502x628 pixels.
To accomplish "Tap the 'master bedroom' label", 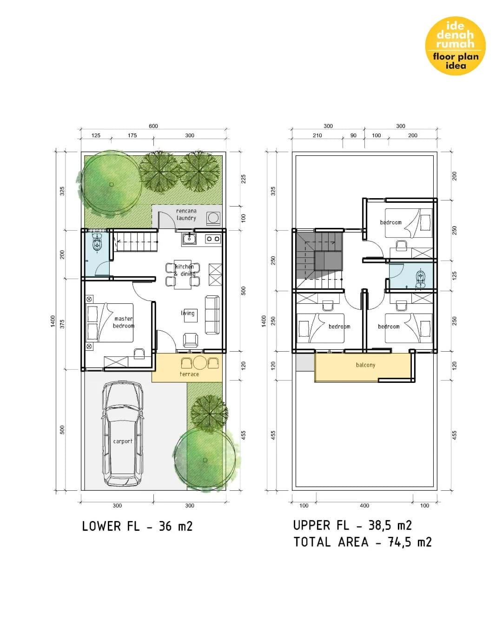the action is (x=124, y=322).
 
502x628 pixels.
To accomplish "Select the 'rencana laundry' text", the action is (x=186, y=214).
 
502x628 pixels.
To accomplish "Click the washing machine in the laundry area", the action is (x=213, y=218).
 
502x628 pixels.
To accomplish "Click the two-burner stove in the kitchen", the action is (x=212, y=239).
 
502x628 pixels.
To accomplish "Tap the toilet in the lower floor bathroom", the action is (x=97, y=243).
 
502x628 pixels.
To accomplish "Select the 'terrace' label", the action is (x=189, y=374).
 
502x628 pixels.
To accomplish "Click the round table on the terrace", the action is (x=199, y=363).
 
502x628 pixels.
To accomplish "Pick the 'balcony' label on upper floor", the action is (x=365, y=365).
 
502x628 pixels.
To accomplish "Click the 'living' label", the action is (x=188, y=313).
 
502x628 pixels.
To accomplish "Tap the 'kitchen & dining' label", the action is (x=185, y=270).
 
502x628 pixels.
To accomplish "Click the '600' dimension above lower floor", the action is (x=153, y=126).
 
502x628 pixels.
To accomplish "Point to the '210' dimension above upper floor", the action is (x=317, y=135).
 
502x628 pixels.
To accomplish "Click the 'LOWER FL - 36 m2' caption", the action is (x=137, y=526).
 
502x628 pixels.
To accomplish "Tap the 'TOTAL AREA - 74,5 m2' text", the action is (x=362, y=542).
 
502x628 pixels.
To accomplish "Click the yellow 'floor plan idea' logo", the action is (x=455, y=46).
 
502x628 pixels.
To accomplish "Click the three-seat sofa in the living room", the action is (x=212, y=315).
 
